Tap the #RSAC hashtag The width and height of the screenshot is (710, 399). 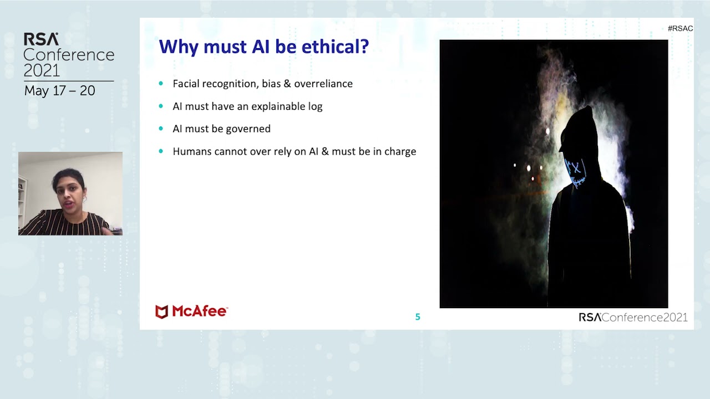tap(680, 28)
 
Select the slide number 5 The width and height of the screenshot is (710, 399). tap(418, 317)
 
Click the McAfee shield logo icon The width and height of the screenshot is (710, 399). tap(161, 311)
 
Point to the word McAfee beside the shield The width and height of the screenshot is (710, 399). tap(199, 311)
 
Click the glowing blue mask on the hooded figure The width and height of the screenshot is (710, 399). tap(575, 169)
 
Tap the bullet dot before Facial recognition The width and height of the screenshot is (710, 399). tap(161, 84)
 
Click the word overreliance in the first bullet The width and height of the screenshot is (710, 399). tap(323, 84)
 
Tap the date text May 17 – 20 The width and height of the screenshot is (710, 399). tap(59, 91)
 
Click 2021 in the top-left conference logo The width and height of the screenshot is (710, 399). tap(42, 70)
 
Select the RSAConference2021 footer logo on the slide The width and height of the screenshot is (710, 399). tap(633, 317)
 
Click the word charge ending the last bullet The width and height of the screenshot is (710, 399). tap(400, 151)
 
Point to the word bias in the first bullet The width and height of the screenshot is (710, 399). tap(272, 84)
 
